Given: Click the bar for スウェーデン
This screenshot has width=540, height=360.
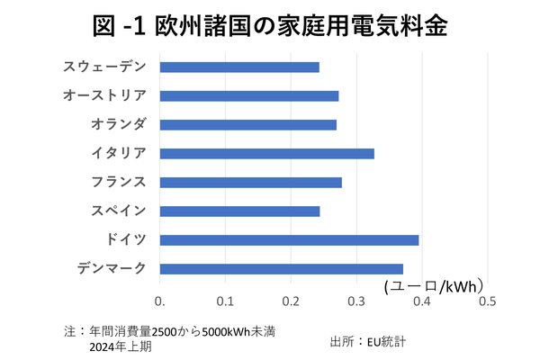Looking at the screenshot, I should [239, 67].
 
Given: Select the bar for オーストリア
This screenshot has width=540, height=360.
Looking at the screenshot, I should [249, 95].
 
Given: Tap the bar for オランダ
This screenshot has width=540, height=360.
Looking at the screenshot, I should [248, 124].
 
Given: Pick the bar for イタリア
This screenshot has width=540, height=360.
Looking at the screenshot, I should [267, 153].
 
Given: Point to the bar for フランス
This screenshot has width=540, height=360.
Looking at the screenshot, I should [251, 182].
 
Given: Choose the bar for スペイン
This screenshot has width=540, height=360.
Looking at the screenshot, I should [239, 211].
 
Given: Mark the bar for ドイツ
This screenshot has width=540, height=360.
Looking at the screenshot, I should [289, 239].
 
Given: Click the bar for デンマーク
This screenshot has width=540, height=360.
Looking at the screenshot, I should [282, 268].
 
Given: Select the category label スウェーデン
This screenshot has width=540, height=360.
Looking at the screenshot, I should [104, 67].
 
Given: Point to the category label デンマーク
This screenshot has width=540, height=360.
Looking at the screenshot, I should [112, 268].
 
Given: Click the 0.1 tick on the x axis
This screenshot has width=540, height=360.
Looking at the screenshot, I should [225, 301].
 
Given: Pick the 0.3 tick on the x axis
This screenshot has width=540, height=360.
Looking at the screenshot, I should [356, 301].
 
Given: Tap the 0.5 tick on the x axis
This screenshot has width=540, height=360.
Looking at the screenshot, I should [487, 301].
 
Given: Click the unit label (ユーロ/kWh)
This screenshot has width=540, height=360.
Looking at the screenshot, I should [435, 286].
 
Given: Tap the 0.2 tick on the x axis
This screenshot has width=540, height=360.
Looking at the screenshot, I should [291, 301].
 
